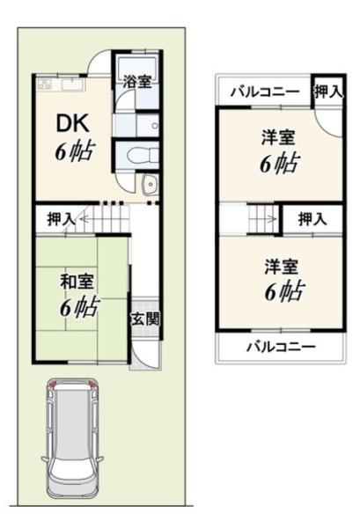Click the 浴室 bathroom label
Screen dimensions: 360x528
tap(136, 81)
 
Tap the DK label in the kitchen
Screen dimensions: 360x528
tap(73, 123)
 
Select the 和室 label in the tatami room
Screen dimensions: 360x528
tap(77, 282)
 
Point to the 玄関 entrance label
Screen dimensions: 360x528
tap(145, 319)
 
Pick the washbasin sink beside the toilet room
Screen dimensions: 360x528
tap(150, 185)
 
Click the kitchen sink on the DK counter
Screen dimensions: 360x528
tap(73, 84)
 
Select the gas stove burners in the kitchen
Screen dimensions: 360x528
tap(45, 84)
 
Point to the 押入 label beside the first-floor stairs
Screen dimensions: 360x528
tap(61, 219)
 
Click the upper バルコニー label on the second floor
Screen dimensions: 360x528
tap(265, 92)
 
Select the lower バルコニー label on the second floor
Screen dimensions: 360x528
tap(281, 346)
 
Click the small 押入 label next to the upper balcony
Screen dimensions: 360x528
tap(328, 92)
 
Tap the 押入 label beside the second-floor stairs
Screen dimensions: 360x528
tap(312, 219)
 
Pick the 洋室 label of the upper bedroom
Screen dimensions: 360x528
tap(278, 137)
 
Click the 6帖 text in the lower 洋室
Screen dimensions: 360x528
tap(285, 290)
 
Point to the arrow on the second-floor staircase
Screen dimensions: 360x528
tap(265, 219)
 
